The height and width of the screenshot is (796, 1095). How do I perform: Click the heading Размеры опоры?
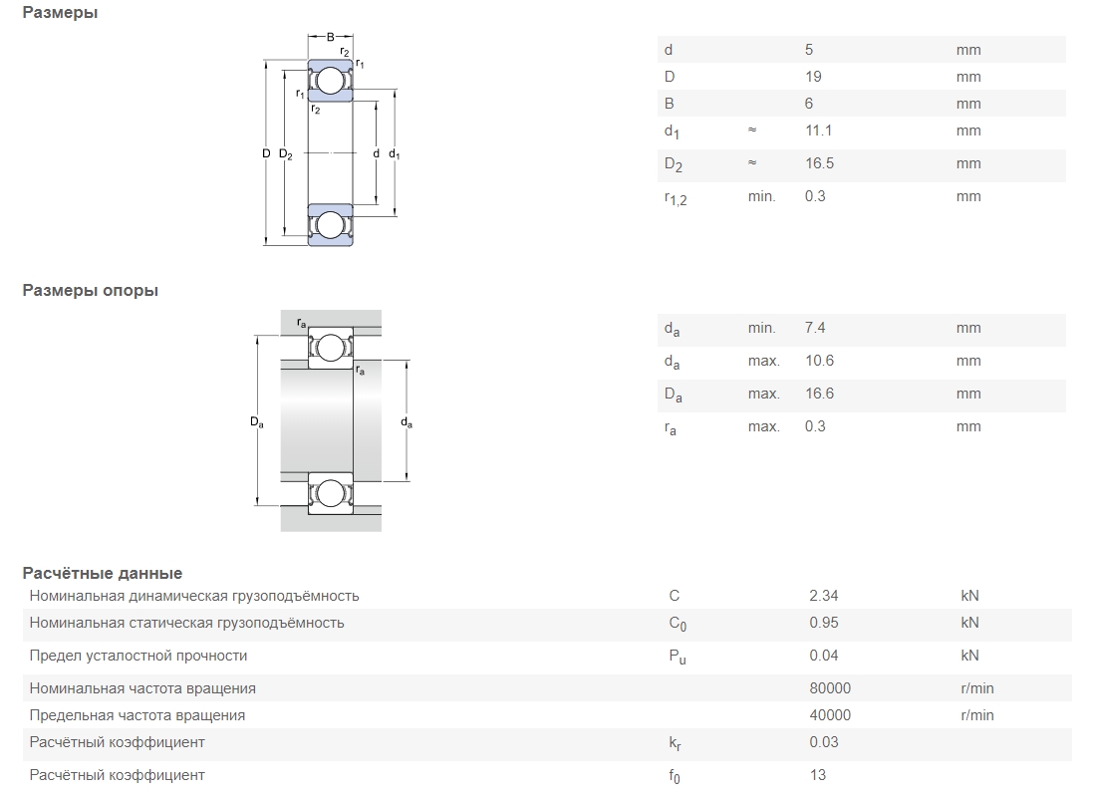click(x=90, y=291)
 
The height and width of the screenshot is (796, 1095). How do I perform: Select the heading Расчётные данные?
click(x=102, y=573)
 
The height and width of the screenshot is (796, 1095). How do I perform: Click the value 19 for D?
click(x=813, y=77)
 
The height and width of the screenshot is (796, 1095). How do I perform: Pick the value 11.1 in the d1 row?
click(x=818, y=131)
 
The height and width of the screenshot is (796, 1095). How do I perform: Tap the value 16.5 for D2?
click(x=819, y=163)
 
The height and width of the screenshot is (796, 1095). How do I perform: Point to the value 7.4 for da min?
click(x=814, y=328)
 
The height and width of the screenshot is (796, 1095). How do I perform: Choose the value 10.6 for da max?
click(x=819, y=361)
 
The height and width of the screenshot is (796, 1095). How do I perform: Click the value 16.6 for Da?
click(x=819, y=394)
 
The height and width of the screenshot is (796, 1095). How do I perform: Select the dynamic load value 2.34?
click(x=823, y=596)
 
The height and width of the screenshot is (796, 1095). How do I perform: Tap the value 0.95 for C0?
click(x=824, y=622)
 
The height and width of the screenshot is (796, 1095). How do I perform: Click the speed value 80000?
click(x=830, y=688)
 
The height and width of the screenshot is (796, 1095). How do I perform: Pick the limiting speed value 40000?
click(x=830, y=715)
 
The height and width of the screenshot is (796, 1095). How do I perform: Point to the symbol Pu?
click(x=678, y=657)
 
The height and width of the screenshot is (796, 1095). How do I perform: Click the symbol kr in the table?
click(x=675, y=743)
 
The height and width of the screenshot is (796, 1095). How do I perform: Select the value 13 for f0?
click(x=818, y=775)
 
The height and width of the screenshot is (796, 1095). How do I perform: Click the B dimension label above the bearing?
click(x=331, y=37)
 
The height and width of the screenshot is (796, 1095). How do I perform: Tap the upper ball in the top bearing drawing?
click(x=331, y=81)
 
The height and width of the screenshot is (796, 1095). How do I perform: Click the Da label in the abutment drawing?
click(x=257, y=421)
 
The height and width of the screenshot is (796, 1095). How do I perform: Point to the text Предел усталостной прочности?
click(x=138, y=656)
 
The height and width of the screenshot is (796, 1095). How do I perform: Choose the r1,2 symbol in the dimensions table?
click(x=676, y=198)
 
